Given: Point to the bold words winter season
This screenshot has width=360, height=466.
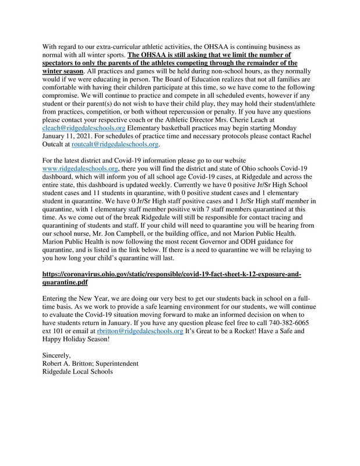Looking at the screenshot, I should click(x=63, y=70).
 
